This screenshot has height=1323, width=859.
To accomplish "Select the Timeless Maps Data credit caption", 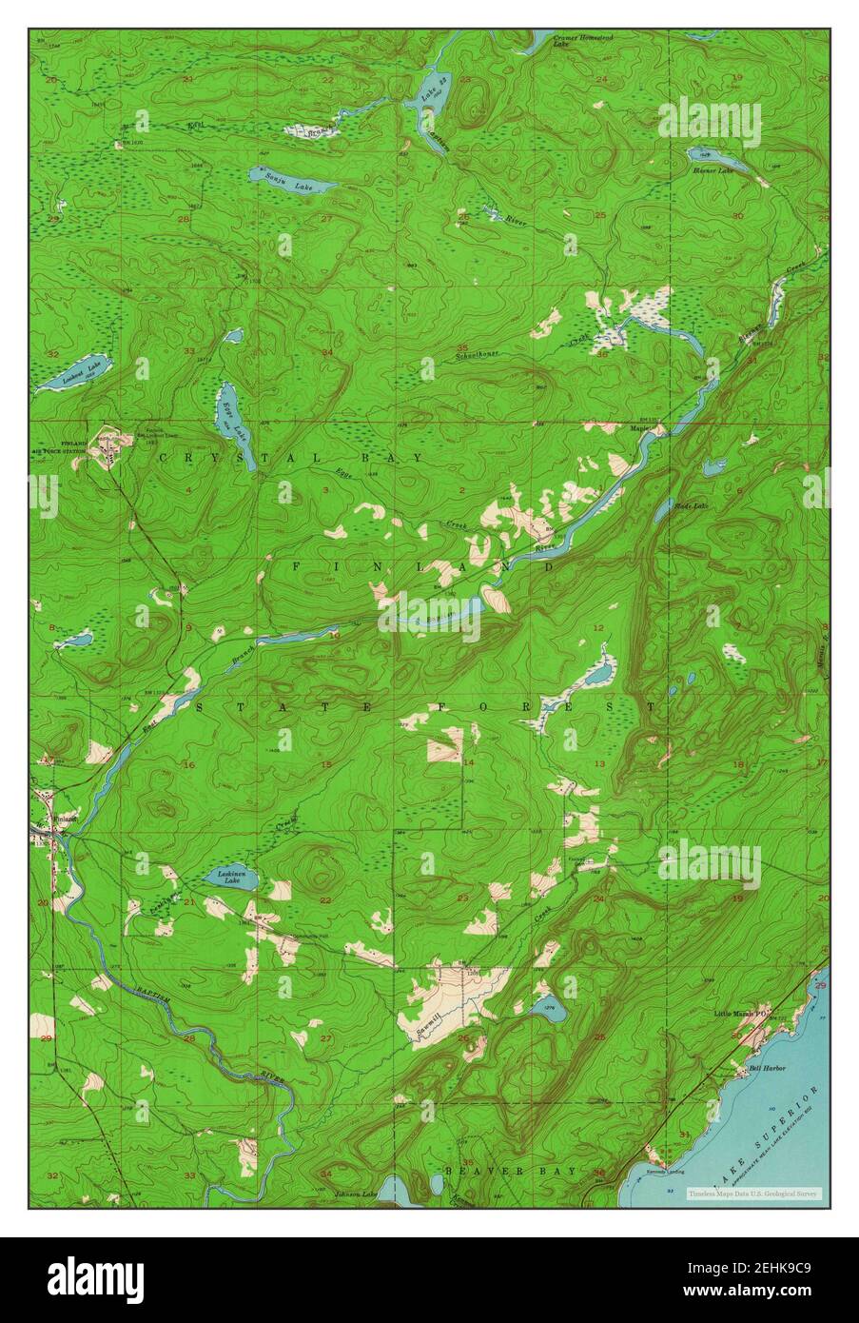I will coord(756,1193).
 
